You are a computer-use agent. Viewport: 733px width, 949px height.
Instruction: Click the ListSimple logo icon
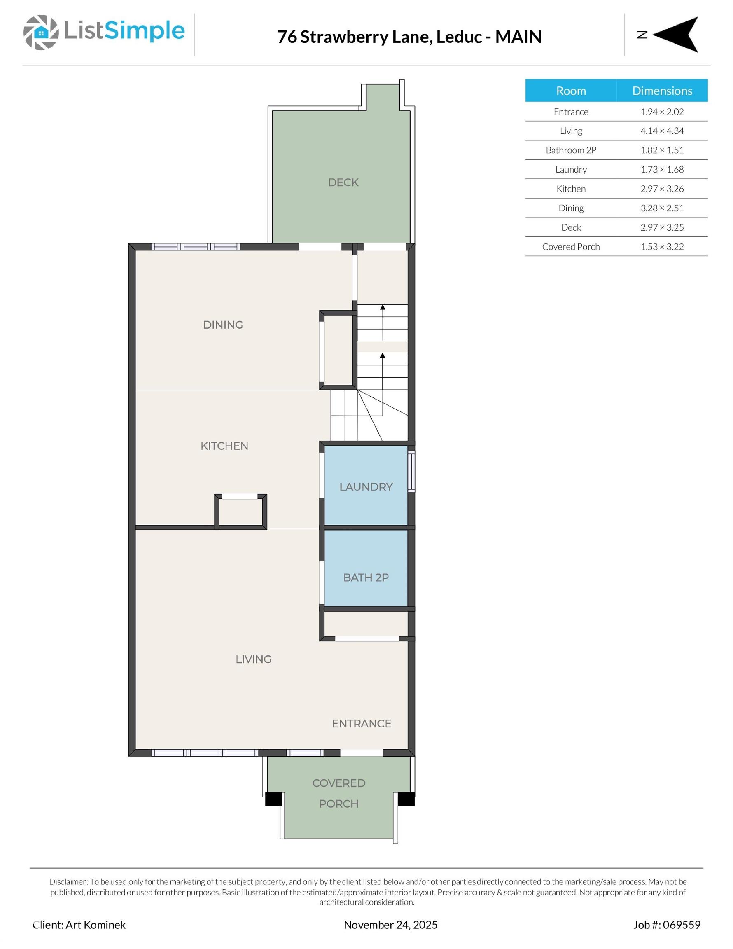click(x=41, y=32)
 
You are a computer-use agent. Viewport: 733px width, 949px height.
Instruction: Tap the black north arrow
click(x=678, y=35)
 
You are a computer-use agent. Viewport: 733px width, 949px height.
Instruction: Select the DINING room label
click(x=223, y=325)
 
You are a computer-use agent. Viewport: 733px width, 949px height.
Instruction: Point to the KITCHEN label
click(x=224, y=446)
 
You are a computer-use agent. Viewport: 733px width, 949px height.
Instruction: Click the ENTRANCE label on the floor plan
click(x=361, y=723)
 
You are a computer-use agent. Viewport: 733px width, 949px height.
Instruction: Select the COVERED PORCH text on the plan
click(x=338, y=793)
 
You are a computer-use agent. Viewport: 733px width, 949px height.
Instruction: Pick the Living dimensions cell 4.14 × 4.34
click(x=662, y=131)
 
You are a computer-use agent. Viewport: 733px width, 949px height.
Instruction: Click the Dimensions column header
click(x=662, y=91)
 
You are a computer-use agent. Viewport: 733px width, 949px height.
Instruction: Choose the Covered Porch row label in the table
click(x=570, y=247)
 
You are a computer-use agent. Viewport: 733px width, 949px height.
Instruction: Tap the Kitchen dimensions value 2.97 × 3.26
click(x=662, y=189)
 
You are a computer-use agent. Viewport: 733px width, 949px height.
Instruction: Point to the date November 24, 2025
click(x=390, y=925)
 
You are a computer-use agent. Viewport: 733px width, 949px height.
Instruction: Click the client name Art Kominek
click(x=95, y=925)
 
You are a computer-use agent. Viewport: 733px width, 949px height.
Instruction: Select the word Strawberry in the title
click(x=366, y=37)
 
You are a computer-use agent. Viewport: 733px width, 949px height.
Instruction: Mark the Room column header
click(x=570, y=91)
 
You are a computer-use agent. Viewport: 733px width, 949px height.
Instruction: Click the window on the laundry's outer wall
click(x=411, y=471)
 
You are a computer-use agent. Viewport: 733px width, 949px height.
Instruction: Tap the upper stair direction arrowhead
click(x=383, y=307)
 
